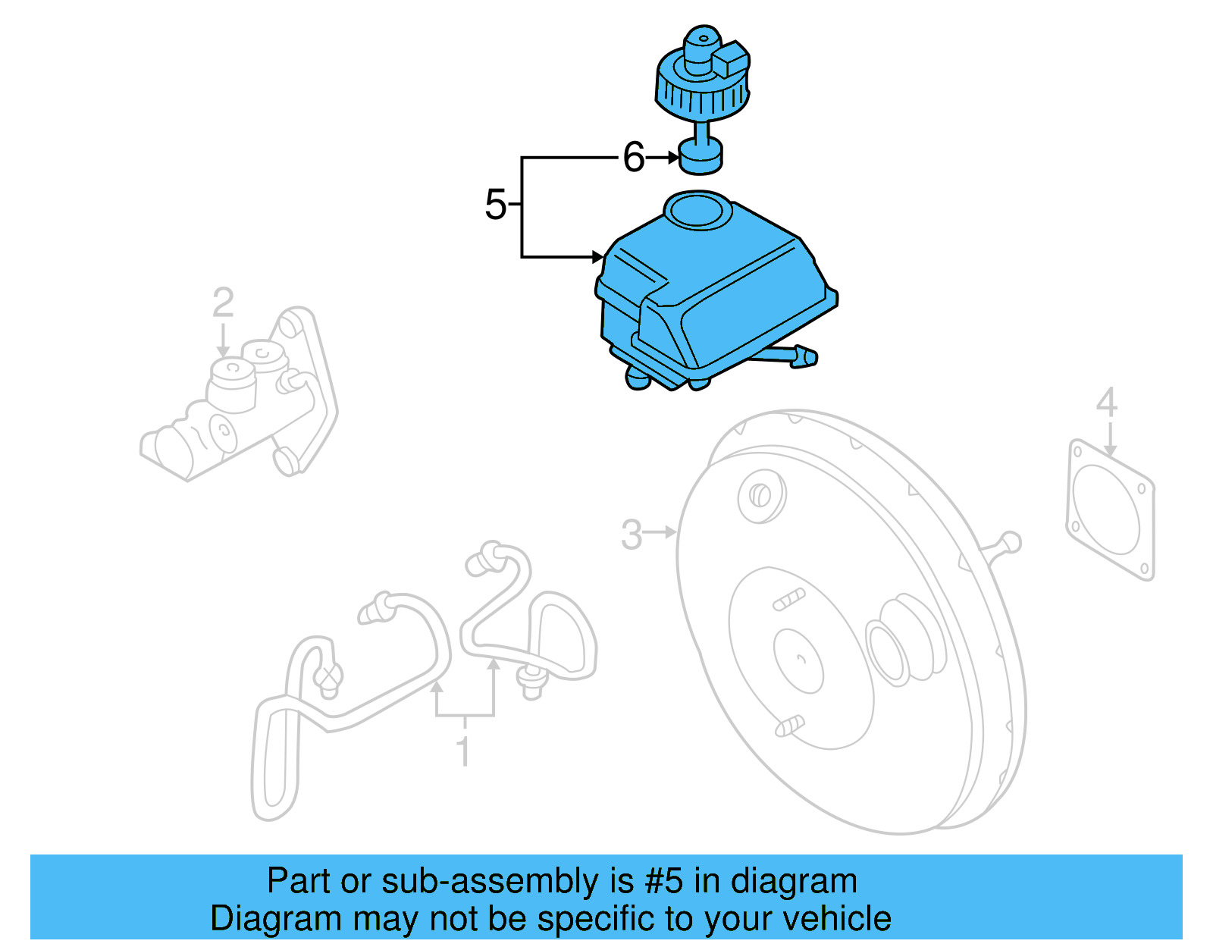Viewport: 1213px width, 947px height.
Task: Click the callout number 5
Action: pyautogui.click(x=495, y=205)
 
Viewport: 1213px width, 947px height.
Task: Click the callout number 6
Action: pyautogui.click(x=633, y=158)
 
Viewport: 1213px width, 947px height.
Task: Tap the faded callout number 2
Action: pyautogui.click(x=223, y=303)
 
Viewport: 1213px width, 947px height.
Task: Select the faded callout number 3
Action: pyautogui.click(x=632, y=535)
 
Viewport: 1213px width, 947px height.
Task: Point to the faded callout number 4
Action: pyautogui.click(x=1107, y=403)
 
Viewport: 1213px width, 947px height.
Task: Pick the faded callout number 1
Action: pyautogui.click(x=463, y=751)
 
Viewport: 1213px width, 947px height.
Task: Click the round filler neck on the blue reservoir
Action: pyautogui.click(x=698, y=211)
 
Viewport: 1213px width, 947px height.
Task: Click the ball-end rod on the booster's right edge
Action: pyautogui.click(x=1008, y=542)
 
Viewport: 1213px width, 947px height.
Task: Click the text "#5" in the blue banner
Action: pyautogui.click(x=664, y=882)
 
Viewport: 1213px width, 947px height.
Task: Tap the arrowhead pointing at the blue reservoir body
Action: pyautogui.click(x=597, y=257)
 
